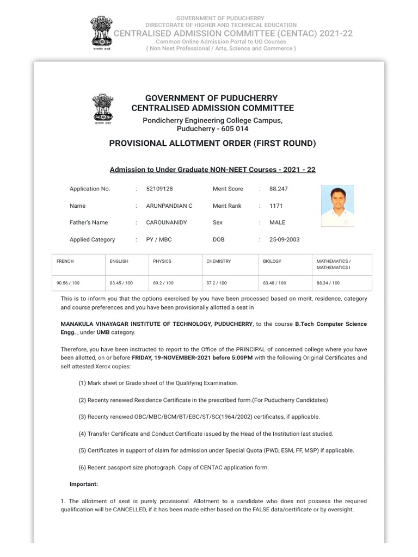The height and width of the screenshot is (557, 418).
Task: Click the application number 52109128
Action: pos(159,189)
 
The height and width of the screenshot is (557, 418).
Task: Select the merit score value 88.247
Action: pos(279,189)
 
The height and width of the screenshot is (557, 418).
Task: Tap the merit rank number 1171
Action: pos(276,206)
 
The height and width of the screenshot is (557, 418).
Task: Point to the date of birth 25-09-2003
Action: pos(284,239)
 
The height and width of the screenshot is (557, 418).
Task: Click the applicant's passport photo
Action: pos(337,206)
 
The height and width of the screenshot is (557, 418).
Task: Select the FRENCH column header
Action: pos(65,261)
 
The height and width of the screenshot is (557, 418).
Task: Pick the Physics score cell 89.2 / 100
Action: pos(163,283)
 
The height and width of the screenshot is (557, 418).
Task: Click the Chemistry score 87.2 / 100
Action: pos(217,283)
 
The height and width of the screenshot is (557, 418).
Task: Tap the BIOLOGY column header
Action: pos(272,261)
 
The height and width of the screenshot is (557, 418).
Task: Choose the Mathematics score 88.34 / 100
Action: pos(328,283)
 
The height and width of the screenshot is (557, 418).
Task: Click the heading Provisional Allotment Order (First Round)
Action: pos(212,144)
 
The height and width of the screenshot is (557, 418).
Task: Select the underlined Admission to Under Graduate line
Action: pos(212,170)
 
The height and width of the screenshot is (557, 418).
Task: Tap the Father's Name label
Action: pos(89,222)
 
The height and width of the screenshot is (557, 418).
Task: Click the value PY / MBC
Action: pos(159,239)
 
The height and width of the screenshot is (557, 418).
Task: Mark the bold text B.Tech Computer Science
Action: pos(331,324)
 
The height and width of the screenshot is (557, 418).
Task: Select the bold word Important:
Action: pos(84,484)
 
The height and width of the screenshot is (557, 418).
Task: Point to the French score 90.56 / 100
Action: pos(67,283)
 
